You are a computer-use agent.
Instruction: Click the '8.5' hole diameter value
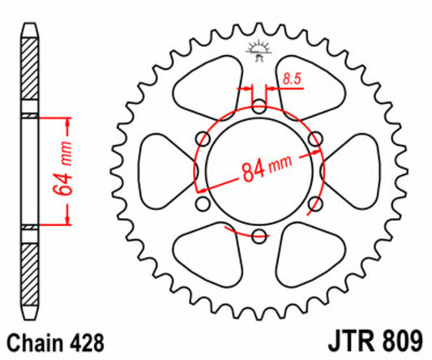(292, 78)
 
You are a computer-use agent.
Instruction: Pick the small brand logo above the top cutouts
(259, 49)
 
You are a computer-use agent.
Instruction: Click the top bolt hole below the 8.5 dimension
(259, 105)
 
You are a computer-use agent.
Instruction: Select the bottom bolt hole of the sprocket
(259, 236)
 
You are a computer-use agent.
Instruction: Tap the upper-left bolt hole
(203, 138)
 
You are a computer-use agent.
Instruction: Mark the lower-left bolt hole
(203, 204)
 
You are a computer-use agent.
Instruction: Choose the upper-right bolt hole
(315, 138)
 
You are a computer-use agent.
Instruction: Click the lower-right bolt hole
(315, 204)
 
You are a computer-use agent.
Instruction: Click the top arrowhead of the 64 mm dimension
(66, 122)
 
